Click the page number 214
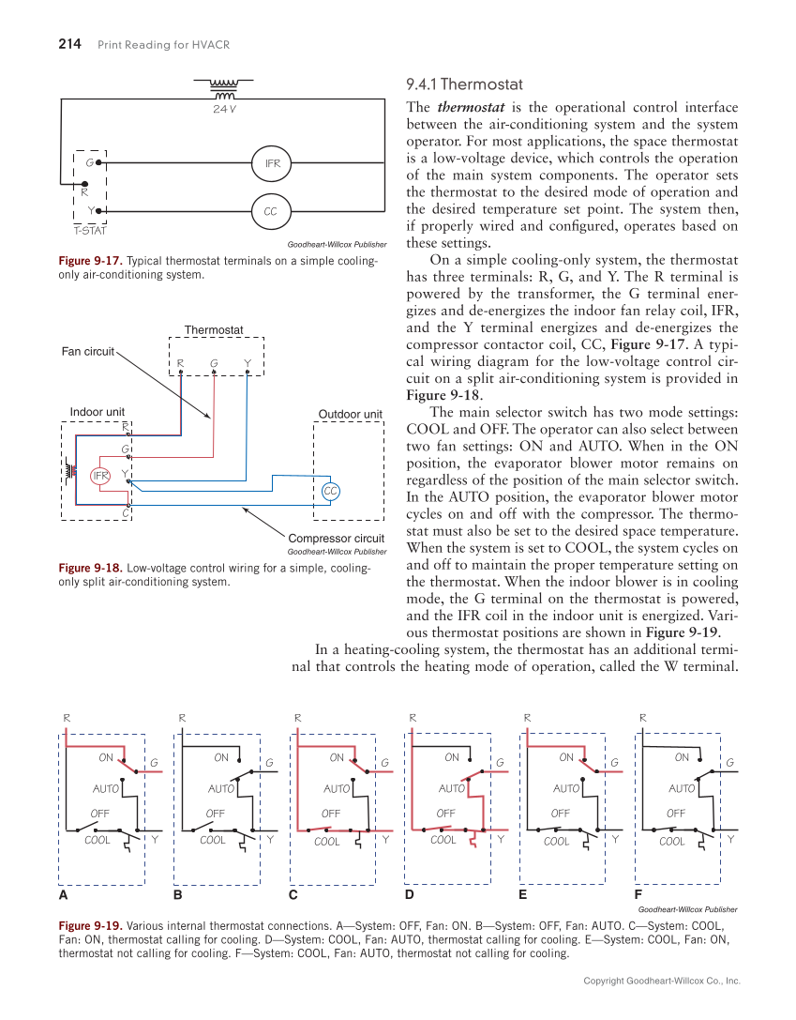pos(70,44)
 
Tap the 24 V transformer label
pos(224,109)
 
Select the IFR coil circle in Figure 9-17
pos(272,163)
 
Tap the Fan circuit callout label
pos(87,352)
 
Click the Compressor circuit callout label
pos(336,538)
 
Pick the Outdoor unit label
pos(350,414)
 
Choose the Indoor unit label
pos(98,411)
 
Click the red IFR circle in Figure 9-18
pos(100,476)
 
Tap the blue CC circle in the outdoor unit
pos(330,491)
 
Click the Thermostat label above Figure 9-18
pos(214,329)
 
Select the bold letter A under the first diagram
pos(64,895)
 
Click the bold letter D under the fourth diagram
pos(409,895)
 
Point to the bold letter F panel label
pos(638,895)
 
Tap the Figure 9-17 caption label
pos(89,261)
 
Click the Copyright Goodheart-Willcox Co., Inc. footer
pos(662,981)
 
